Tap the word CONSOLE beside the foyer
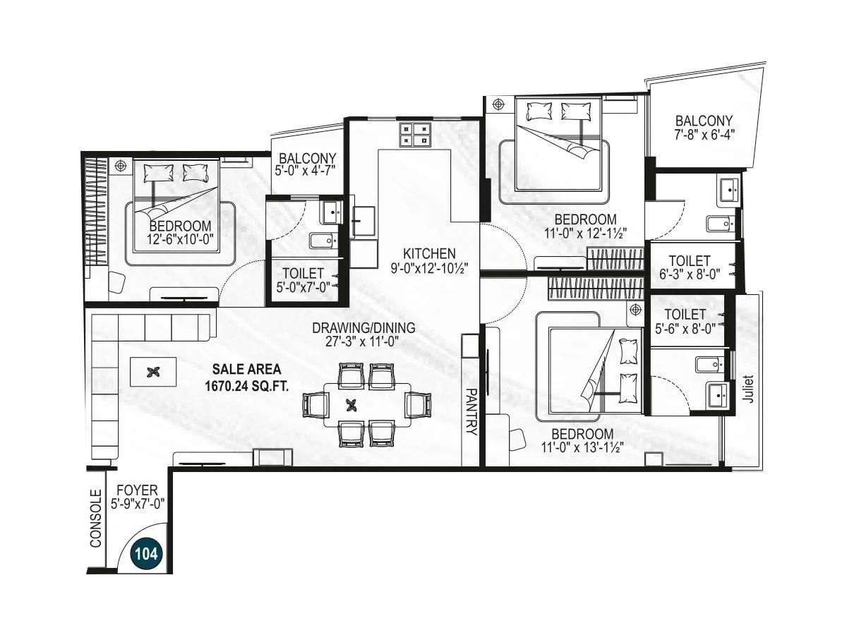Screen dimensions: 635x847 96,524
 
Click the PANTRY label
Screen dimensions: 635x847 471,411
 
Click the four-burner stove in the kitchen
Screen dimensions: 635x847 415,134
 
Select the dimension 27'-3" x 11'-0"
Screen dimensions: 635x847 364,341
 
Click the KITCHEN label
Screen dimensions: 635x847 429,253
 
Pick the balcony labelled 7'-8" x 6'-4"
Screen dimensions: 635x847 703,127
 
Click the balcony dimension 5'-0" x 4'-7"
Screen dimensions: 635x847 306,170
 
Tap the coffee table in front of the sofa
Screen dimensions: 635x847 153,371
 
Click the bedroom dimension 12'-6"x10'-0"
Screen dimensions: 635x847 181,239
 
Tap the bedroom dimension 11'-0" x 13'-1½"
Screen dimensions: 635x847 582,447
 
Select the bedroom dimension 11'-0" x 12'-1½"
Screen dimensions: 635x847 584,232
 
